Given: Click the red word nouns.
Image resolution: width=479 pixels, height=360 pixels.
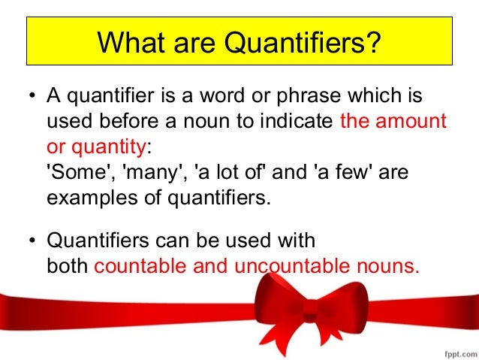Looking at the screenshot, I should point(387,265).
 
